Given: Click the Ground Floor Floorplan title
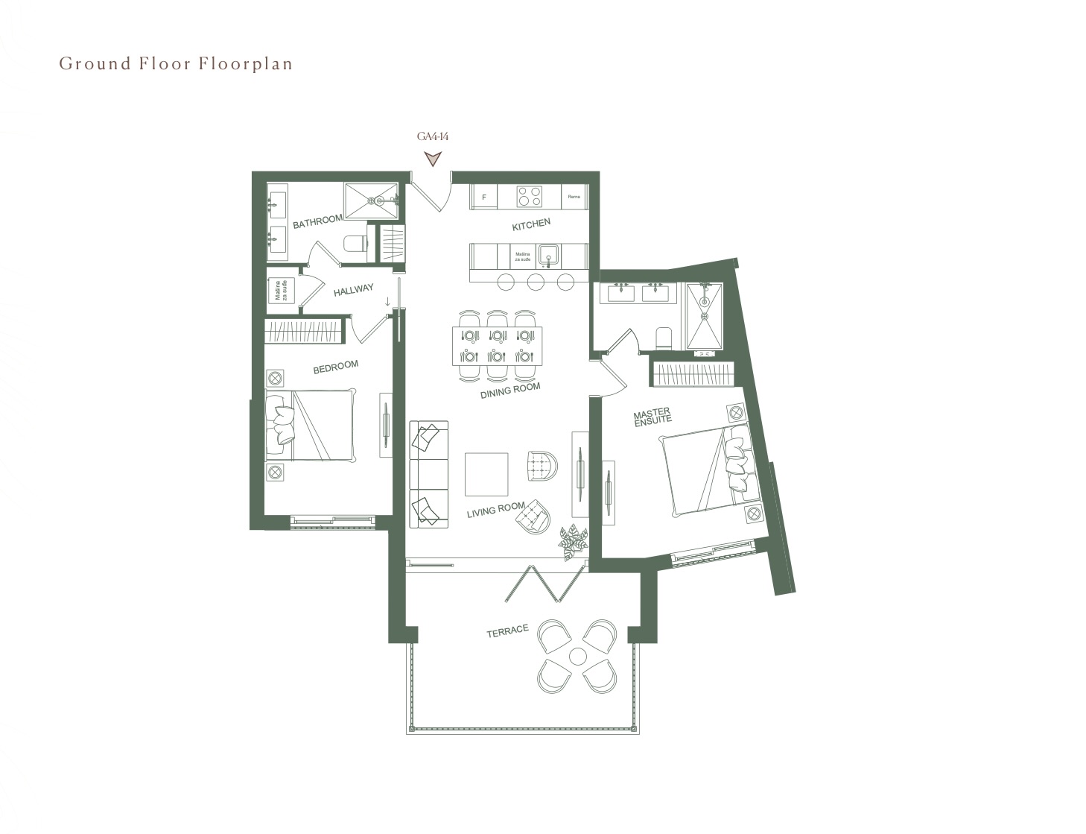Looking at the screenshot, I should [176, 64].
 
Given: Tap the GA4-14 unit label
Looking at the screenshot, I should [432, 136].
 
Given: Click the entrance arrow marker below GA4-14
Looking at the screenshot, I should [432, 158].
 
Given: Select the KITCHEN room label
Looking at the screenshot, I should [531, 224].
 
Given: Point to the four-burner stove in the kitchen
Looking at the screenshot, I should [530, 197].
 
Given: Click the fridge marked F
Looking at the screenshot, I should [484, 198].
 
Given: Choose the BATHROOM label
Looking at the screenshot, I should [317, 221].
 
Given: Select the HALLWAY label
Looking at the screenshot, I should [353, 290].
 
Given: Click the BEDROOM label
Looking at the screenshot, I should [335, 367].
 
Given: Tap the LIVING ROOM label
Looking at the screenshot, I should [495, 511].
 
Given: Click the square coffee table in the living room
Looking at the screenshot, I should [486, 474].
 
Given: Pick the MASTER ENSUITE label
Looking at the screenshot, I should [652, 416].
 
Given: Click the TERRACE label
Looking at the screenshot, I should [507, 631].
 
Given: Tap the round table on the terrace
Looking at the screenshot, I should [577, 657].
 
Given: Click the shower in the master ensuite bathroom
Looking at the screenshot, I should [704, 316].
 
